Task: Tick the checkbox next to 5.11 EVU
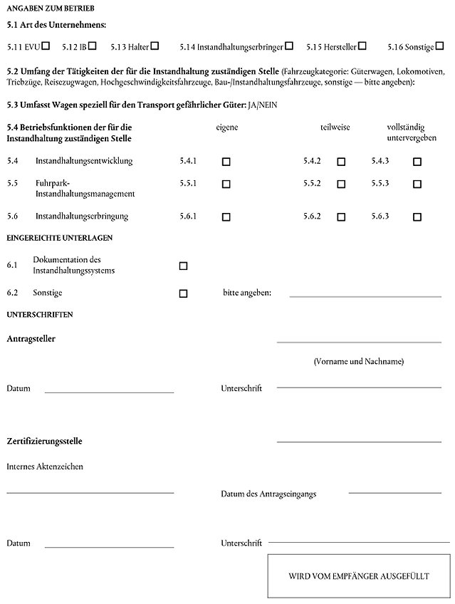coord(46,46)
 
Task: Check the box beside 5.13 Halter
coord(155,46)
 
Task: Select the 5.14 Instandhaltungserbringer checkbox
coord(289,46)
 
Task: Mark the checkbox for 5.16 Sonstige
coord(439,46)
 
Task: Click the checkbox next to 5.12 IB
coord(93,46)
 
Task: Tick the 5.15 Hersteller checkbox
coord(362,46)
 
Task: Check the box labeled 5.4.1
coord(226,162)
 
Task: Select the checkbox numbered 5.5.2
coord(341,184)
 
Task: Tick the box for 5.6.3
coord(417,217)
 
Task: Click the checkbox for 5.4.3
coord(417,162)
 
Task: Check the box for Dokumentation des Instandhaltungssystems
coord(183,266)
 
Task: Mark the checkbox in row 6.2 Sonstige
coord(183,293)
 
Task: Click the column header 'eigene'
coord(227,127)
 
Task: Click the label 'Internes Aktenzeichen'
coord(45,467)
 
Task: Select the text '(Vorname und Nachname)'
coord(358,362)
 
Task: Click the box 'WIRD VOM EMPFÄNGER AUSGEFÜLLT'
coord(358,576)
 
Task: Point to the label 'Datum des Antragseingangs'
coord(268,493)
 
